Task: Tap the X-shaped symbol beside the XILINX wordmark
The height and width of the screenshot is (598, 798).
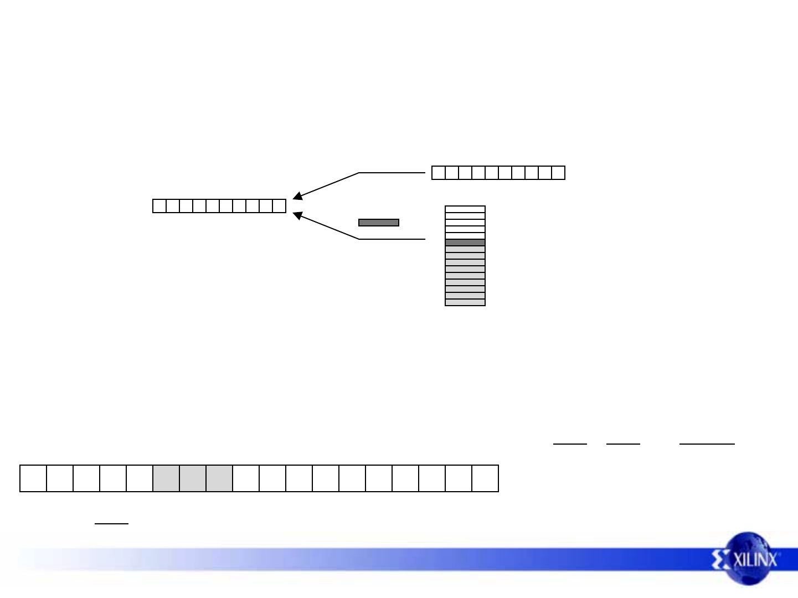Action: [x=721, y=560]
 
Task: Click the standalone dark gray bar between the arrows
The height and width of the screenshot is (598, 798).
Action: [x=379, y=223]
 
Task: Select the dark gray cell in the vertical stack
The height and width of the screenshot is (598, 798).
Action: [x=465, y=243]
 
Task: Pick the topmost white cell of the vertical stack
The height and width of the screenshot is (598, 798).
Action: [x=465, y=209]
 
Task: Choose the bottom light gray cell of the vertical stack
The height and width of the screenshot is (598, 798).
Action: [x=465, y=302]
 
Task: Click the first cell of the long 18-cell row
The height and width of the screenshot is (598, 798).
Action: [x=33, y=478]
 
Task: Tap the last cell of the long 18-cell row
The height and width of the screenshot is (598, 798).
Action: [x=485, y=478]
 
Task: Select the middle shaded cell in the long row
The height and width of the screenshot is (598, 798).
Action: [x=193, y=478]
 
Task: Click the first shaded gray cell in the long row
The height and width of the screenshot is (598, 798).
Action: [x=166, y=478]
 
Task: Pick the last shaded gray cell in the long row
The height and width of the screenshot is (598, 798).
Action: [x=219, y=478]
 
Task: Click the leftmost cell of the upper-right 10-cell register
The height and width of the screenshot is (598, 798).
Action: [x=439, y=173]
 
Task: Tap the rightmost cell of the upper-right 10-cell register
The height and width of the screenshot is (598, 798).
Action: [x=558, y=173]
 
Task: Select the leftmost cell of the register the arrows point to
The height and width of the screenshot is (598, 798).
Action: [x=159, y=206]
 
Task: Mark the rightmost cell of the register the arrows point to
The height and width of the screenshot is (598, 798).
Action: [x=279, y=206]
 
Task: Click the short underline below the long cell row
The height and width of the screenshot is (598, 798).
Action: [x=111, y=523]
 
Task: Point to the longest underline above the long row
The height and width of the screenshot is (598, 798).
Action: [x=707, y=444]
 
